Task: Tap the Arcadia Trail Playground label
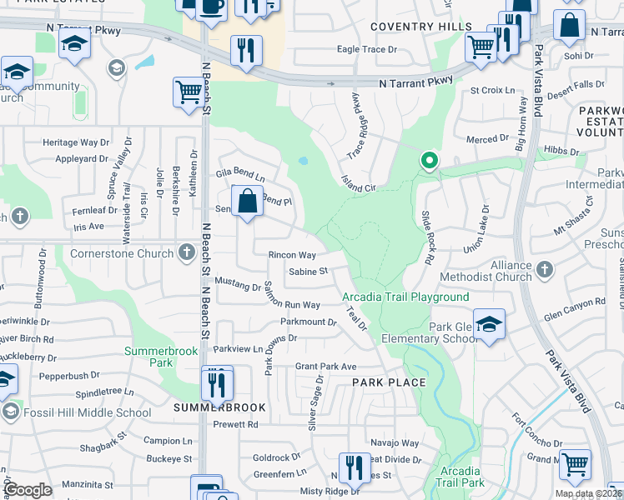tap(405, 297)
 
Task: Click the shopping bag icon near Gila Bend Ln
tap(248, 202)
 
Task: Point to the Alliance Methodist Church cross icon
tap(544, 269)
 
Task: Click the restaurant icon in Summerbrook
tap(217, 384)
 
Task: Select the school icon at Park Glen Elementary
tap(489, 326)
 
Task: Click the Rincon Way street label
tap(292, 255)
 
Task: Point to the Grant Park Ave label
tap(326, 366)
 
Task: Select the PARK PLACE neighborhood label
tap(389, 382)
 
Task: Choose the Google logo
tap(28, 489)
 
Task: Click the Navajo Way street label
tap(395, 442)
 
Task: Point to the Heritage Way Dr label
tap(76, 142)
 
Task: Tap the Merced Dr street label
tap(487, 139)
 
